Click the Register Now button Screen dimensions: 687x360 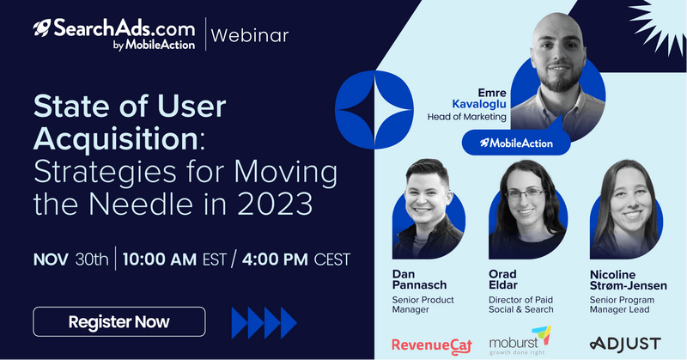119,321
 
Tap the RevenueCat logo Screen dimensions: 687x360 432,345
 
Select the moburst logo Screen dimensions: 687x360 520,341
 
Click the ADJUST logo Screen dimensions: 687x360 625,344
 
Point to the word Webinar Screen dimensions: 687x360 250,35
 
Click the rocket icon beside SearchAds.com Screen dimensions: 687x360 42,27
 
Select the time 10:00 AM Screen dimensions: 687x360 160,259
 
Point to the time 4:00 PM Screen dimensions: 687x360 275,259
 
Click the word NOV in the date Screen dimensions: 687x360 51,259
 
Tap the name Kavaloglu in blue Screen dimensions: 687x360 479,104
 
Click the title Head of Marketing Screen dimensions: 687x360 466,117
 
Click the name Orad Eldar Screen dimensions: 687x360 503,279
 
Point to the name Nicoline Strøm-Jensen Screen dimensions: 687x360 629,280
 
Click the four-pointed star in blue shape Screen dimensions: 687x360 374,110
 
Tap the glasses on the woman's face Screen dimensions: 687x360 526,194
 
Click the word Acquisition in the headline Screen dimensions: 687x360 116,138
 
